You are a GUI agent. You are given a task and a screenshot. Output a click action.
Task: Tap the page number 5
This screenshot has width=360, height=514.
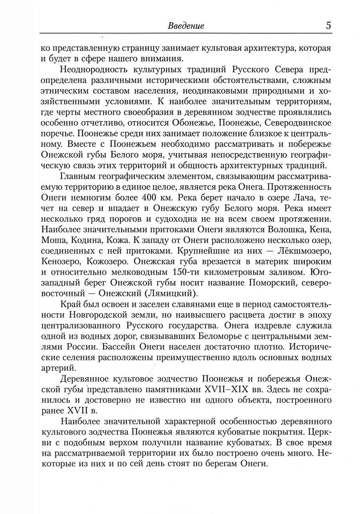tap(328, 26)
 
